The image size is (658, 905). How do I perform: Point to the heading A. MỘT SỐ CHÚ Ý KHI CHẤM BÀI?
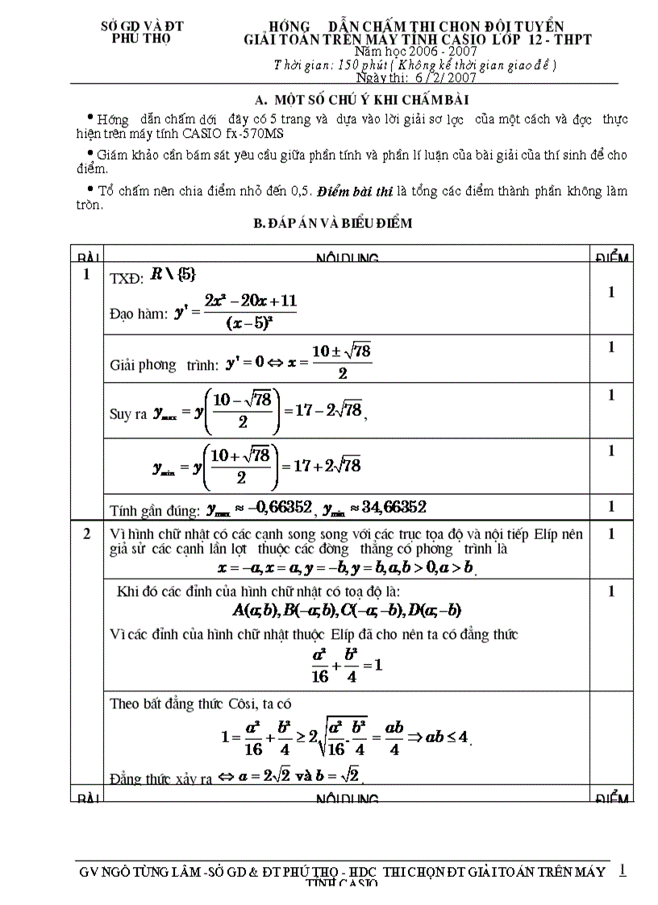click(x=361, y=100)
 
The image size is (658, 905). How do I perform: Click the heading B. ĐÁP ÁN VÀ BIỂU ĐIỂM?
click(x=333, y=224)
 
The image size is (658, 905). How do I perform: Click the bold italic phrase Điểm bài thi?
click(x=355, y=192)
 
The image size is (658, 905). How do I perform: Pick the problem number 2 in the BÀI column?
click(x=86, y=533)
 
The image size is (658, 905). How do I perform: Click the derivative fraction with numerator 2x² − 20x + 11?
click(x=249, y=312)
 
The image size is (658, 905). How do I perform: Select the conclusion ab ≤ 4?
click(x=448, y=737)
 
